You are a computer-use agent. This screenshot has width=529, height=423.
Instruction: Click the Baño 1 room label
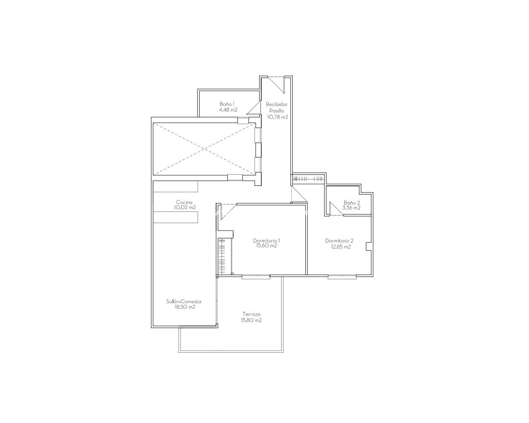227,104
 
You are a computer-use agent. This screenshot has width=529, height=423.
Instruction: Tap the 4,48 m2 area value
228,110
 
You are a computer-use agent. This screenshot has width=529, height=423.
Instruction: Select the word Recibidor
276,105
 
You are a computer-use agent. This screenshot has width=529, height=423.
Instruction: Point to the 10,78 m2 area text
278,117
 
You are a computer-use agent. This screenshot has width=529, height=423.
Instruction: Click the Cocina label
184,202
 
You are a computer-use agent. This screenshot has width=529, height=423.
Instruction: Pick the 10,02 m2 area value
185,207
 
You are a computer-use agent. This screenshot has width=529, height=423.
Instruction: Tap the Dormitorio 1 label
267,241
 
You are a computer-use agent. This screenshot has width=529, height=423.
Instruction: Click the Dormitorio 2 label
339,241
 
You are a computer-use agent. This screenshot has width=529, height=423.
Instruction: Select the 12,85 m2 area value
341,247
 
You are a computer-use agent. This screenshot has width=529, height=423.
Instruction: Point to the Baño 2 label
352,203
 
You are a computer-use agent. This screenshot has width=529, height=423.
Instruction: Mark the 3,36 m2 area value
351,208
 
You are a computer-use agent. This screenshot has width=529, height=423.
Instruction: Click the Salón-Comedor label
184,302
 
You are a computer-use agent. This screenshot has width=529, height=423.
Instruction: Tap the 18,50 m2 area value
185,307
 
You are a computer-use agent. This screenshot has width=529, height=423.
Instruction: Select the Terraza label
251,314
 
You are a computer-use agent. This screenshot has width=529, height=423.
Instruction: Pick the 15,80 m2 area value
251,320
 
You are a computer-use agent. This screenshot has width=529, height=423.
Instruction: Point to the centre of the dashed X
204,149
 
